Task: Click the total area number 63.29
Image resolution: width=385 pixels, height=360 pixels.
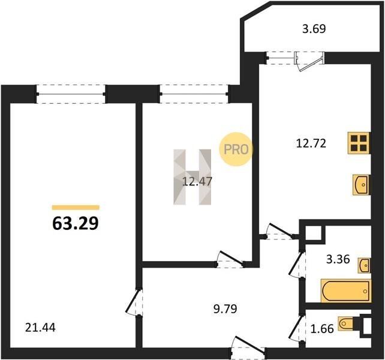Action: click(76, 224)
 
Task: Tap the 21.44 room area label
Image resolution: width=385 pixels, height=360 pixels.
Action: click(40, 328)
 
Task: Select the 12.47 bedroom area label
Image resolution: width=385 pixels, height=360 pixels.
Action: click(197, 182)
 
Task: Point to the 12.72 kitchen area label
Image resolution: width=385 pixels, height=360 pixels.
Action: click(311, 143)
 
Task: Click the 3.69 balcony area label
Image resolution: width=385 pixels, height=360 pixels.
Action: click(314, 29)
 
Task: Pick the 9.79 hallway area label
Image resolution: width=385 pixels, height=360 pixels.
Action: click(225, 309)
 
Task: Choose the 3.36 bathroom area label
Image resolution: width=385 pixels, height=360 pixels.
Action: click(338, 259)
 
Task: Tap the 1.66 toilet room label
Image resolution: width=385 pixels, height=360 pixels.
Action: click(322, 329)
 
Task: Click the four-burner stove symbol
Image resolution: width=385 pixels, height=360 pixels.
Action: click(359, 143)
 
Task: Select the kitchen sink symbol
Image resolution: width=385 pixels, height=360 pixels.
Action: click(361, 185)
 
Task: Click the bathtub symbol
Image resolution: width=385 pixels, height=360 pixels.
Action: click(346, 291)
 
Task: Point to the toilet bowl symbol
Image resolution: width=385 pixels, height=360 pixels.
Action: click(346, 323)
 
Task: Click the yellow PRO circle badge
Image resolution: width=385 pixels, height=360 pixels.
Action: click(236, 149)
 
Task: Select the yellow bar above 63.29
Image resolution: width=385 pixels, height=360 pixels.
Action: click(76, 208)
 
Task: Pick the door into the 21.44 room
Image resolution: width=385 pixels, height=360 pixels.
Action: click(134, 302)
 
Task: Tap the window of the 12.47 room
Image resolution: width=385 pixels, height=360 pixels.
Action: click(194, 94)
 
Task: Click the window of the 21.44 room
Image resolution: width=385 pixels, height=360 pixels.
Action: click(71, 94)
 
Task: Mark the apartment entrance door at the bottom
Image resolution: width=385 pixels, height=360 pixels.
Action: click(248, 347)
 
